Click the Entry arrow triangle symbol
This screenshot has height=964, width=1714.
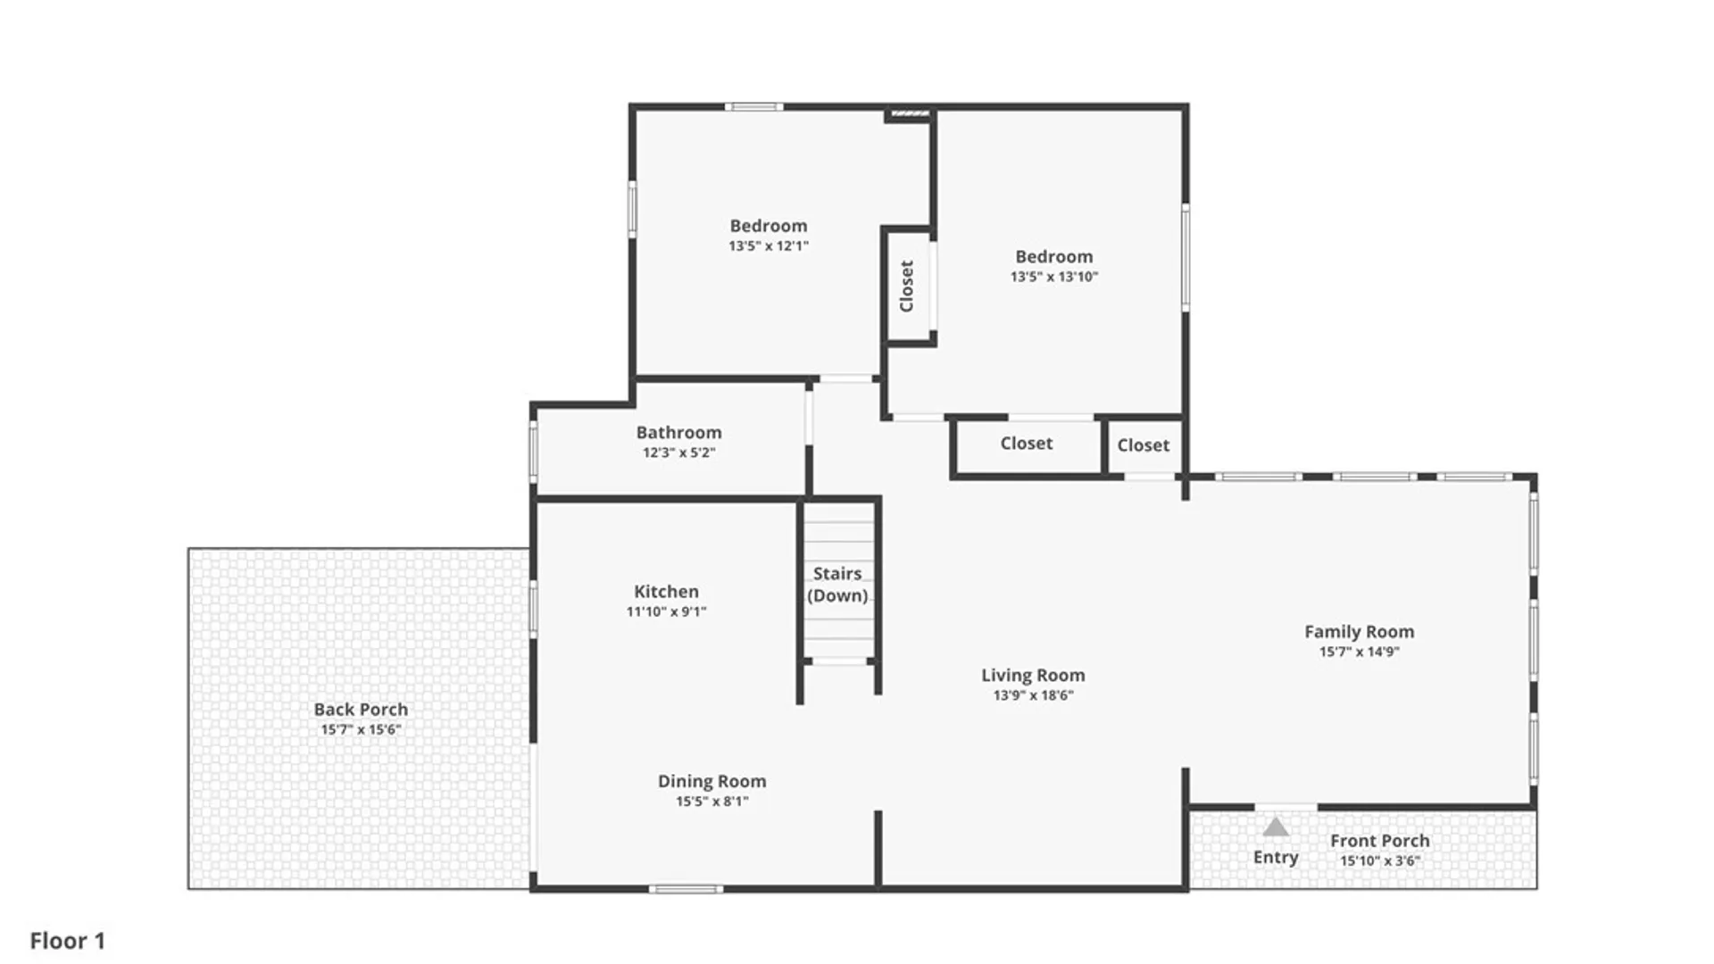click(1276, 827)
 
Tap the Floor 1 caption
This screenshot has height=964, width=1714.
click(68, 941)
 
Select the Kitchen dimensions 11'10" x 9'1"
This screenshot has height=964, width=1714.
click(666, 612)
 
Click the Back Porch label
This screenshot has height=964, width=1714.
click(361, 710)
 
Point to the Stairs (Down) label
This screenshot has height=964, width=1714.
click(837, 585)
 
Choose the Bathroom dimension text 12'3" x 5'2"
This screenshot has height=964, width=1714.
click(678, 453)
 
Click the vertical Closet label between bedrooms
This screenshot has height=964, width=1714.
click(907, 286)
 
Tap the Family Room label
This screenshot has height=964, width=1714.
click(1359, 632)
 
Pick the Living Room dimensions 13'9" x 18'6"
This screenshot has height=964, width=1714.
click(1033, 695)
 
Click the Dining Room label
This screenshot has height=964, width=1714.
click(711, 781)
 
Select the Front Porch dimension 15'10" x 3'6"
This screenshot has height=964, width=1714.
click(1379, 861)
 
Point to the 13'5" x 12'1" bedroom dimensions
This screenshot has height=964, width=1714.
click(768, 246)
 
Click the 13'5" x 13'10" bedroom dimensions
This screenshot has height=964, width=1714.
click(1053, 277)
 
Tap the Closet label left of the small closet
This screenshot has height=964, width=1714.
click(1026, 444)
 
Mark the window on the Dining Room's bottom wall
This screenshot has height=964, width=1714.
click(686, 889)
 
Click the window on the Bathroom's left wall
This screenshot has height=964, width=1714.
click(534, 452)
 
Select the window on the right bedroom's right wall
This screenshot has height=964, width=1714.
click(1186, 257)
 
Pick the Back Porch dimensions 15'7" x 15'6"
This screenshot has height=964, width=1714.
click(361, 730)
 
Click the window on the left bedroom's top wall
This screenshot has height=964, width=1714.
click(753, 107)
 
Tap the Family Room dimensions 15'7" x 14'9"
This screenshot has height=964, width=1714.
click(1359, 652)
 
